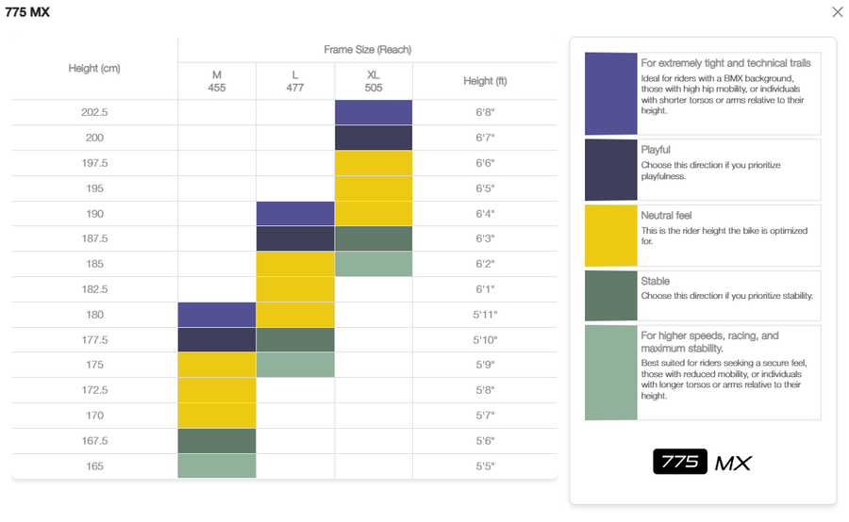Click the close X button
click(837, 12)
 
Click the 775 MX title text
click(27, 12)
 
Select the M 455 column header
click(216, 81)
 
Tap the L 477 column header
click(294, 81)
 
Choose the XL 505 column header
click(374, 81)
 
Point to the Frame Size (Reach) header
click(367, 49)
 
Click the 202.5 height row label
click(94, 112)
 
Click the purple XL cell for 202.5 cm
click(374, 112)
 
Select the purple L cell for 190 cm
click(295, 214)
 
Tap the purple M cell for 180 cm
click(217, 315)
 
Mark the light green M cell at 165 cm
click(217, 466)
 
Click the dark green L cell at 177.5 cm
click(295, 340)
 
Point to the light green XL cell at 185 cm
click(374, 264)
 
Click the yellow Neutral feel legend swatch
click(610, 236)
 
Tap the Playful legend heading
click(656, 150)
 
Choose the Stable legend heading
click(655, 281)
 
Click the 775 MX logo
click(702, 462)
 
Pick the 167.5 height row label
click(94, 441)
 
